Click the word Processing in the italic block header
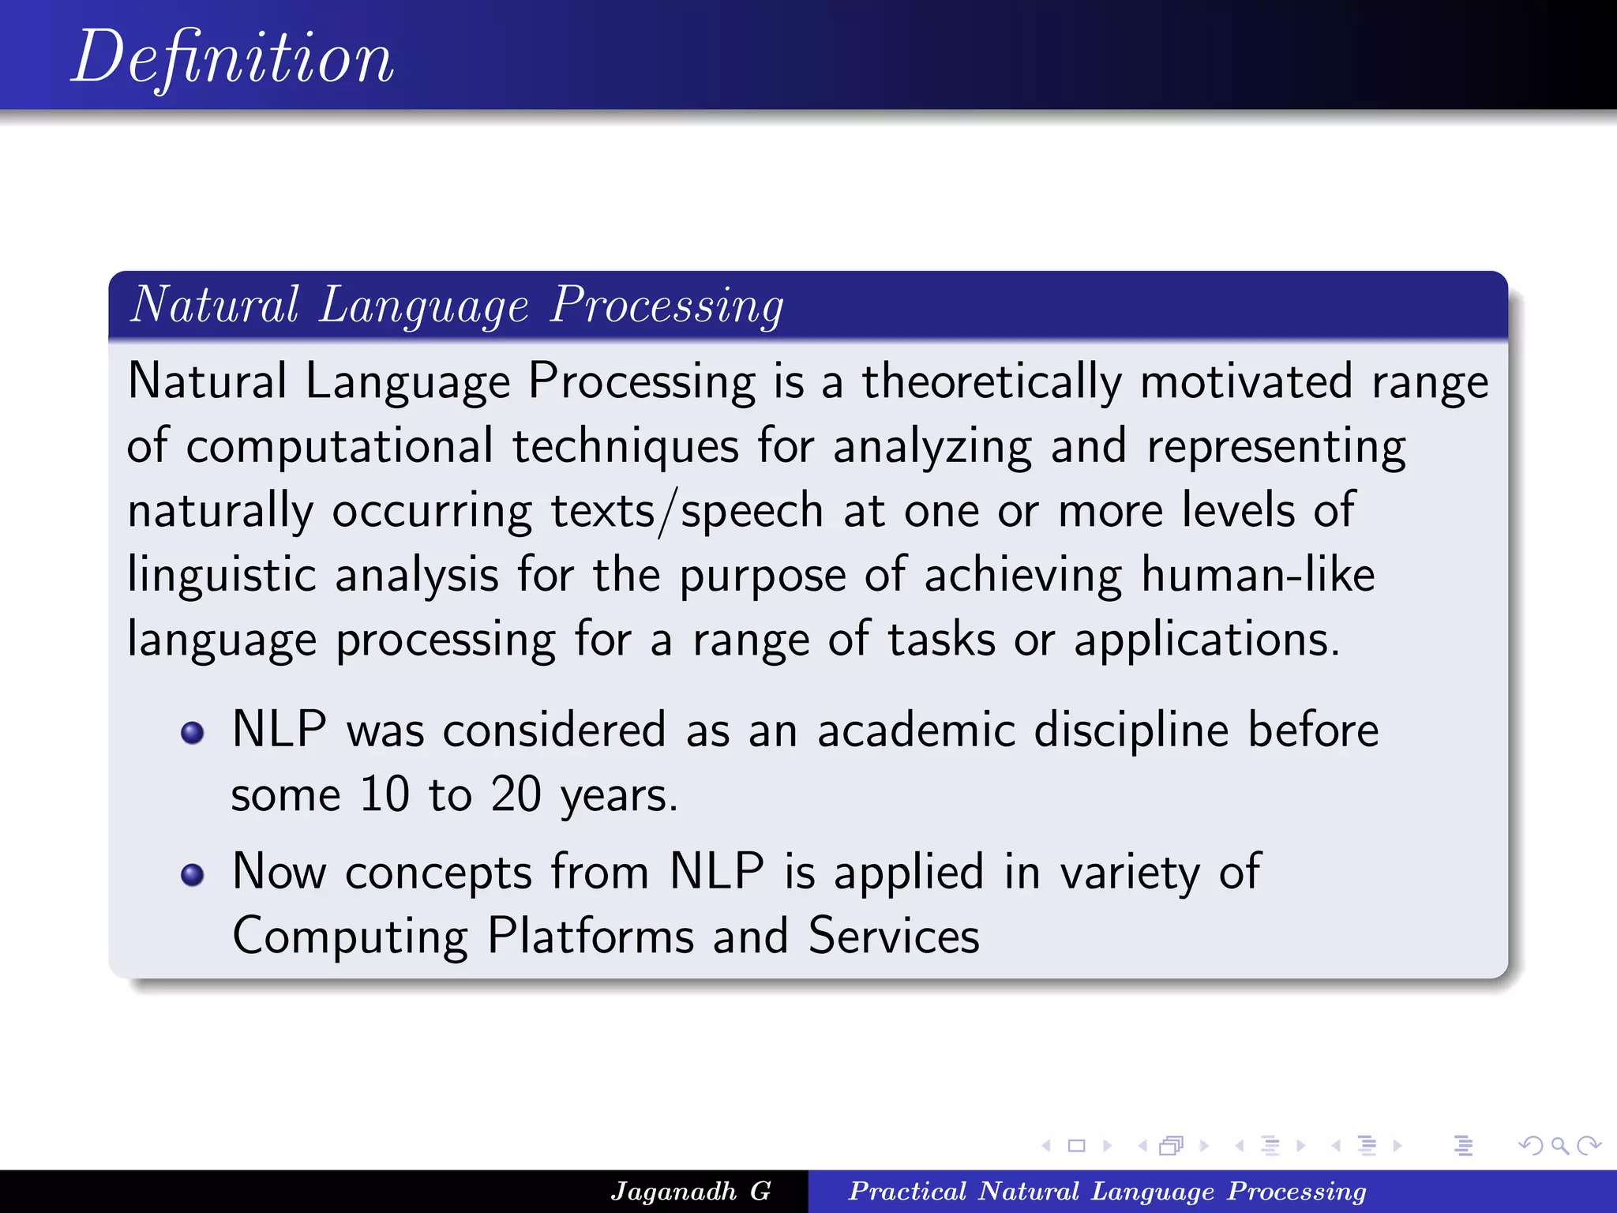(667, 306)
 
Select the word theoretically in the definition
(991, 382)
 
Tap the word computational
(340, 447)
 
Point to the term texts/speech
(687, 511)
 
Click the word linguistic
(221, 576)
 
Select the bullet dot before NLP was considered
(193, 733)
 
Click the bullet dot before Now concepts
(193, 875)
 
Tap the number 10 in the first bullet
(385, 794)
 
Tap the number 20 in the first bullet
(516, 794)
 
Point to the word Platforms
(590, 937)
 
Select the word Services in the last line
(893, 937)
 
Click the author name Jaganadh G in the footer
(691, 1191)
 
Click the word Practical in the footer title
(907, 1191)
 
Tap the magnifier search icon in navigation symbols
(1559, 1146)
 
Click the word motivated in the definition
(1246, 382)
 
